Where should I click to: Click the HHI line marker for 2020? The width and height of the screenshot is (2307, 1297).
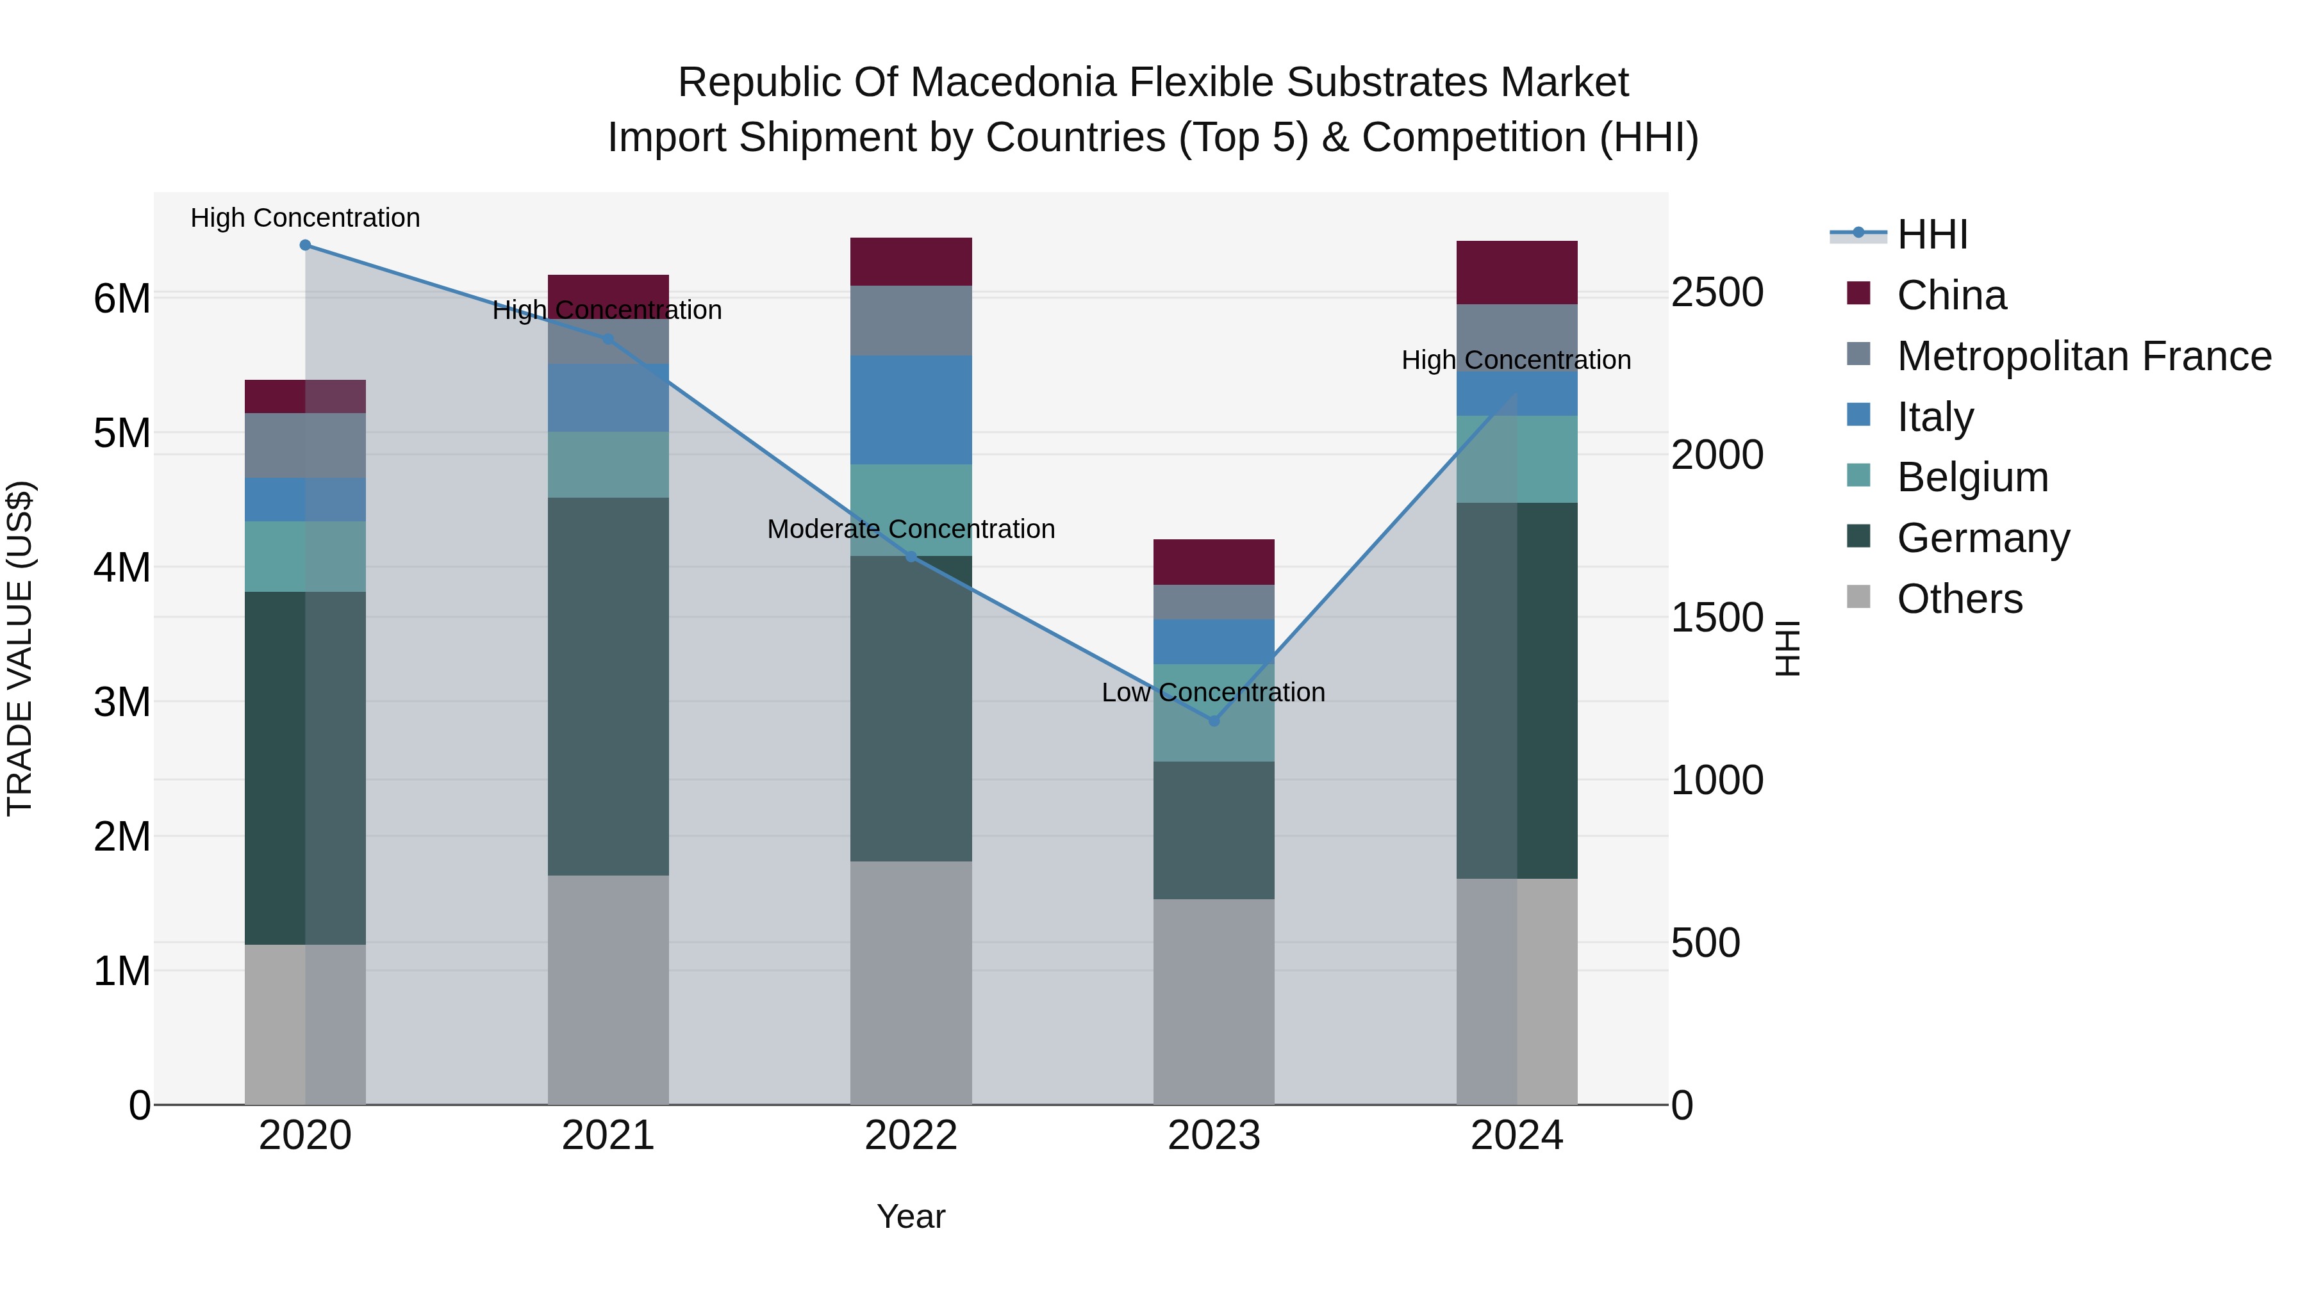click(306, 245)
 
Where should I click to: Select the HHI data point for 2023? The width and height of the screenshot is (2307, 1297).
click(1214, 721)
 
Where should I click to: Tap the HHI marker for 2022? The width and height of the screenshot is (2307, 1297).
click(911, 557)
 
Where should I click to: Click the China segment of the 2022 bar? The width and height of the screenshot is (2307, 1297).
click(911, 262)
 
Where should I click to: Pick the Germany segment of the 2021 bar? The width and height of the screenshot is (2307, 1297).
click(608, 687)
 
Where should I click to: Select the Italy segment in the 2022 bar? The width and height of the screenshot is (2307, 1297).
click(911, 410)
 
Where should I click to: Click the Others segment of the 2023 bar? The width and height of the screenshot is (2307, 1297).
click(1214, 1002)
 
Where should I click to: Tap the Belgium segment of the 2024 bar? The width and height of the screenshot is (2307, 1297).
click(1516, 459)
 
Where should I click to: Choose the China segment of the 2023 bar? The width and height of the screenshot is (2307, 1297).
click(1214, 562)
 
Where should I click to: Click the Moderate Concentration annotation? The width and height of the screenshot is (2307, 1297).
click(911, 529)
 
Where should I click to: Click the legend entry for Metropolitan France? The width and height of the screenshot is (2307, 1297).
click(2084, 356)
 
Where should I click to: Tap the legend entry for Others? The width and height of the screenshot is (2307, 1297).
click(1960, 599)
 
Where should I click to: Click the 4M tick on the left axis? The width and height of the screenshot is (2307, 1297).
click(122, 567)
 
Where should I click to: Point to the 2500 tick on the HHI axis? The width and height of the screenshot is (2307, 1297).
click(1717, 293)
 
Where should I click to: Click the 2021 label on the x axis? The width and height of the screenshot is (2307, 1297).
click(608, 1136)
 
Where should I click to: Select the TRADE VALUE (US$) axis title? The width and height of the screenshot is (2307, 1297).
click(20, 648)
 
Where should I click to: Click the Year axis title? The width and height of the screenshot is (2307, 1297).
click(911, 1216)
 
